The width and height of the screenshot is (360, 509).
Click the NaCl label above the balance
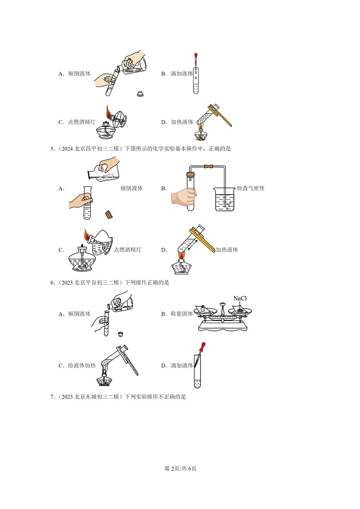240,298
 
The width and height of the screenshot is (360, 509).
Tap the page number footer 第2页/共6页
180,468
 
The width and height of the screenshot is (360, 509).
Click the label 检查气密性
251,188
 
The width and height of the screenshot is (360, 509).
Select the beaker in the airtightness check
224,199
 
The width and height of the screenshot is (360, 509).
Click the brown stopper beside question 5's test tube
109,214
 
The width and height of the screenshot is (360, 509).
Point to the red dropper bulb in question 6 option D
203,346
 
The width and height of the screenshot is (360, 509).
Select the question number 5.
52,149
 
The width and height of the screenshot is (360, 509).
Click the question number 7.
52,397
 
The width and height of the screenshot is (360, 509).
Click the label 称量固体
182,314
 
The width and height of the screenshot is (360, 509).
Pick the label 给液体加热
82,365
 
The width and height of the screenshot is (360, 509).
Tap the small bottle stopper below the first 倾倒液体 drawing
140,94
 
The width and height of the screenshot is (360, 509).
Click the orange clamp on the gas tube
209,167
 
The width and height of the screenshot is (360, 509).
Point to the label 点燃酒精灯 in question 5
127,250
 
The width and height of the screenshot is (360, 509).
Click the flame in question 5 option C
87,234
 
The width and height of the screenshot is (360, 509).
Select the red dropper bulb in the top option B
196,56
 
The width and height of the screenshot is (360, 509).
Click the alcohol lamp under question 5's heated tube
181,264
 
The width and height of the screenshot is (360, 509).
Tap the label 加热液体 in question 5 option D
227,250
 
